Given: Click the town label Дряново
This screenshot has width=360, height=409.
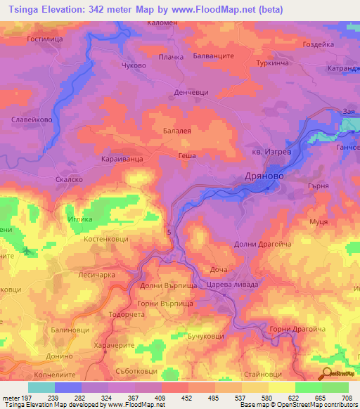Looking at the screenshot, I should tap(264, 176).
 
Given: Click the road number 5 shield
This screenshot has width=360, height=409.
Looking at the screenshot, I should tap(169, 231).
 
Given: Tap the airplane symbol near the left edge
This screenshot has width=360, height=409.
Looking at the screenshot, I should tap(27, 251).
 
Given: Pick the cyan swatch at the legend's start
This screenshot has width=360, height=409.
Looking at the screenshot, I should tap(41, 387).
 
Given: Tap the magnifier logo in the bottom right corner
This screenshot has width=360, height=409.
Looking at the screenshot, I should tap(326, 374).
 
